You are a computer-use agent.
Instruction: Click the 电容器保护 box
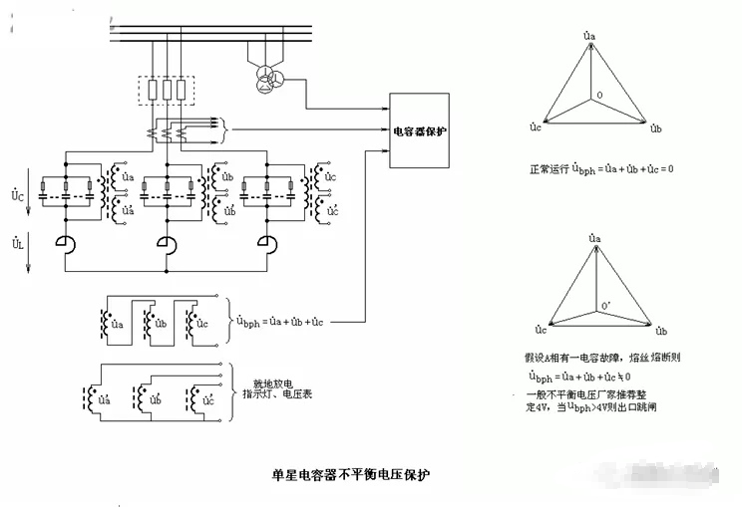point(417,131)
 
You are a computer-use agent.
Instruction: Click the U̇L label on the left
point(18,243)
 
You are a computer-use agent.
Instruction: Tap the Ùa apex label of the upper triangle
point(589,36)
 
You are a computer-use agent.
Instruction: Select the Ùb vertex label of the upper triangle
point(656,129)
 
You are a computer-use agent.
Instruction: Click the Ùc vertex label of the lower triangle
point(541,329)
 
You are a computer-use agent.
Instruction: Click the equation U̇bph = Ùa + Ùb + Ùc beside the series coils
point(280,321)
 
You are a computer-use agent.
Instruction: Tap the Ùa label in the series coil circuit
point(117,324)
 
